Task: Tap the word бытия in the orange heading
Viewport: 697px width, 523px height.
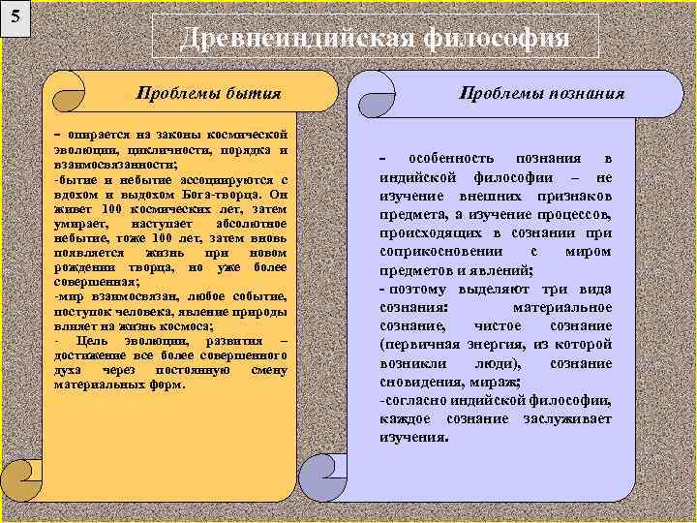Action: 253,93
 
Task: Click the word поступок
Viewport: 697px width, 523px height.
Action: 84,314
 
